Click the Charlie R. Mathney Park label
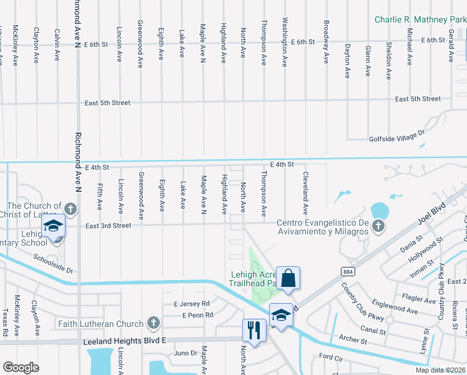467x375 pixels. pos(420,19)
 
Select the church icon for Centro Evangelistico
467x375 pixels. pos(377,226)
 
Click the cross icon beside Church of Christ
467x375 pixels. pos(71,209)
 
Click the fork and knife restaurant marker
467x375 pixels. pos(253,330)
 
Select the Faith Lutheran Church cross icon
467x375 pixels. pos(153,323)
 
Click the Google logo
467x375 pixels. pos(21,367)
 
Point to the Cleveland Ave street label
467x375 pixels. pos(305,193)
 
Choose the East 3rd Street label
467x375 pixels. pos(109,226)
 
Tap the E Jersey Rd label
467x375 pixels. pos(192,304)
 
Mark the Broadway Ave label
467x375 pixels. pos(326,41)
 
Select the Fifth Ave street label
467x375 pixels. pos(99,196)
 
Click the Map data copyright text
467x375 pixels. pos(440,370)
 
